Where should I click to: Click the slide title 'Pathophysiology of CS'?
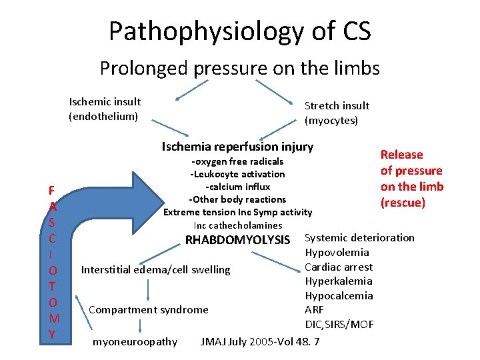[240, 31]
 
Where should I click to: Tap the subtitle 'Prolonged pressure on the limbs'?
[240, 68]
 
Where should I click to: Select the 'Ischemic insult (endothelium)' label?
[105, 109]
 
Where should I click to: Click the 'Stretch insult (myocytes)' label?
[336, 113]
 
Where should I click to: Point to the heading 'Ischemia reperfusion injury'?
[237, 147]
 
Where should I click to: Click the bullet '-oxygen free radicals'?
[237, 161]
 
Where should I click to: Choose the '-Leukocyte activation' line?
[237, 174]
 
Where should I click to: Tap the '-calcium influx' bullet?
[237, 187]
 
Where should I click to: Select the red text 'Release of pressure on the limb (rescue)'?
[411, 178]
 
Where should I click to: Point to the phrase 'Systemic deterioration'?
[359, 238]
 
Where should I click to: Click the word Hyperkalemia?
[339, 281]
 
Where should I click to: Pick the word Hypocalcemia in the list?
[339, 296]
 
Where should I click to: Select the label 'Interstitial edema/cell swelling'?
[155, 270]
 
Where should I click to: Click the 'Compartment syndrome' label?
[148, 309]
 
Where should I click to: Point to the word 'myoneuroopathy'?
[135, 342]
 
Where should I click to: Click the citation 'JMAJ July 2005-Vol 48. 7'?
[260, 342]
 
